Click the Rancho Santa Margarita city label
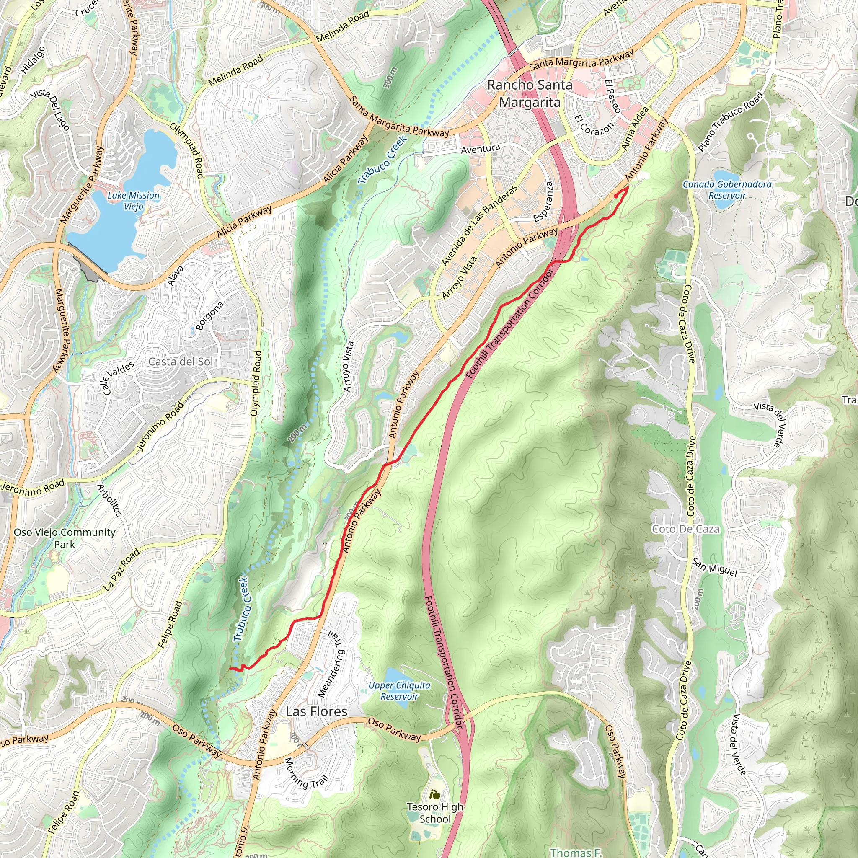tap(530, 93)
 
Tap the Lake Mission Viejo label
tap(133, 201)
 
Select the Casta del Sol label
tap(181, 362)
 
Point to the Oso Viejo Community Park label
tap(65, 538)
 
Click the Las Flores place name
tap(316, 711)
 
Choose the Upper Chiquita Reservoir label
tap(399, 690)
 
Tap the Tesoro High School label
tap(435, 813)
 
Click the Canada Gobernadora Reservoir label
tap(727, 190)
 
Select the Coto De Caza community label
tap(686, 529)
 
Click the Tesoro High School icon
tap(435, 794)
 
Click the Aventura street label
tap(480, 149)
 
